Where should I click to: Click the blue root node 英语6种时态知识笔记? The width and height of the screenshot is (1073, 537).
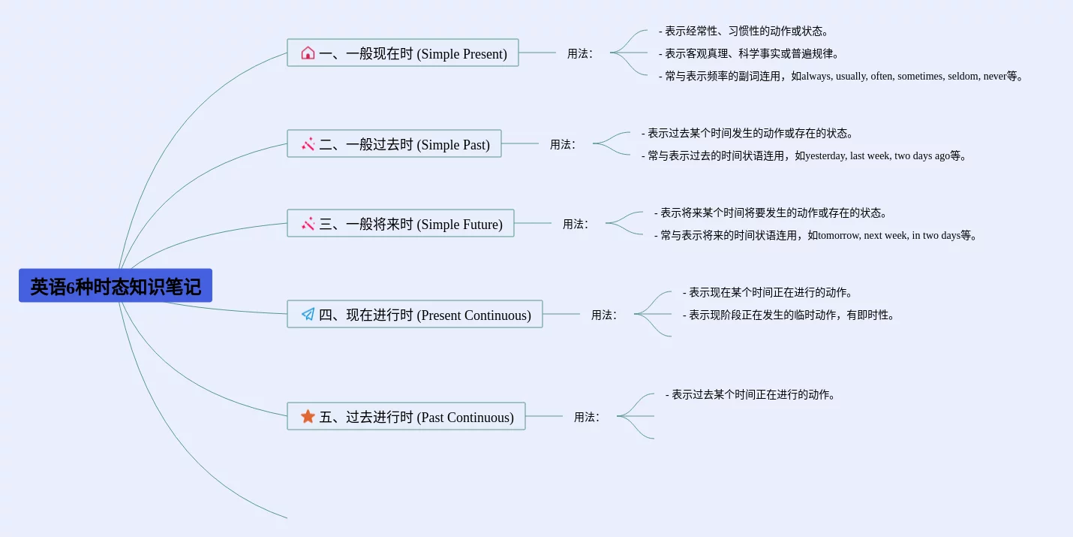116,285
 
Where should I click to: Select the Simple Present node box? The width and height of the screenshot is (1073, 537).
403,53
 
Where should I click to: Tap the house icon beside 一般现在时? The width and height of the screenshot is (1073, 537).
308,53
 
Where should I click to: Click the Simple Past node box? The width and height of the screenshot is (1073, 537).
394,143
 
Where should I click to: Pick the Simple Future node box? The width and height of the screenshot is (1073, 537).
401,223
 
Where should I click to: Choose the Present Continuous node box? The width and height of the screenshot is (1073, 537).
415,314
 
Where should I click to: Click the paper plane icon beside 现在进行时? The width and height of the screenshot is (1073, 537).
308,314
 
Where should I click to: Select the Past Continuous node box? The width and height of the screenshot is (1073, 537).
406,416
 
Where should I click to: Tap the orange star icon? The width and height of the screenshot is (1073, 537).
308,416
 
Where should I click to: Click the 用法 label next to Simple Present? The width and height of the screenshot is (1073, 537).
579,53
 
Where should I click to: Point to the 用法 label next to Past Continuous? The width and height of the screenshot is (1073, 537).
586,417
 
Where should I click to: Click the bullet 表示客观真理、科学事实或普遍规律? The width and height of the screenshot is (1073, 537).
749,54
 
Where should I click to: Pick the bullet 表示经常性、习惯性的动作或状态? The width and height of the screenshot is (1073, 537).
744,31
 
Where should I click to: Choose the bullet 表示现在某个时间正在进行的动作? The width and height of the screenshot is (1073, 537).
767,292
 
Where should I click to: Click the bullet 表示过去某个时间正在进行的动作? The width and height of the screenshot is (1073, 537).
750,394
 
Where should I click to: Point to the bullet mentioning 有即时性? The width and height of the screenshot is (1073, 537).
789,315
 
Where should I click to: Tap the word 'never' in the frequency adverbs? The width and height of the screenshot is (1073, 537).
995,77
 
